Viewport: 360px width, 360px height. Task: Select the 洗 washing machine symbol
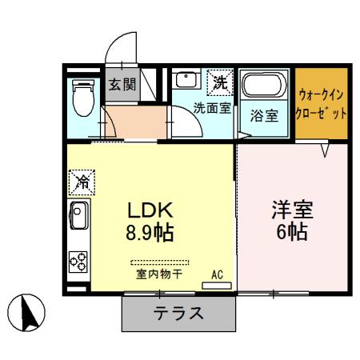(x=219, y=81)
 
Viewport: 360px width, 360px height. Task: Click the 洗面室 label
(x=212, y=108)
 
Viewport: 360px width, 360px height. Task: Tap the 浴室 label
(x=265, y=115)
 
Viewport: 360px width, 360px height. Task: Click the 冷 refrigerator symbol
(x=82, y=182)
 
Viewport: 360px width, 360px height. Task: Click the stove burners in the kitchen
(x=79, y=260)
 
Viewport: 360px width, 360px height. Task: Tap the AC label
(x=217, y=275)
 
